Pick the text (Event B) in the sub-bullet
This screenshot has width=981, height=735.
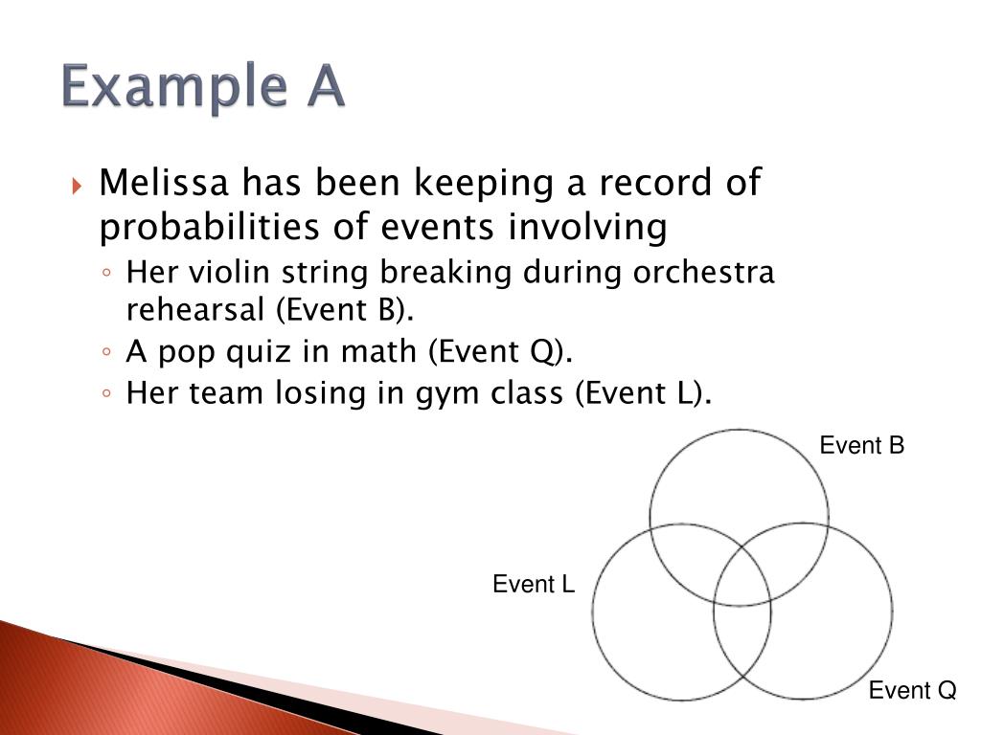click(335, 310)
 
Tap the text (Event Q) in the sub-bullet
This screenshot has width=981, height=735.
click(499, 352)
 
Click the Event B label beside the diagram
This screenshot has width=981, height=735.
click(862, 446)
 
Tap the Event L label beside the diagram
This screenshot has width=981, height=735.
click(534, 585)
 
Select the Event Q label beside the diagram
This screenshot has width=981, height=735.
click(912, 691)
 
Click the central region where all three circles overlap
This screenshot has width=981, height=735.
click(741, 579)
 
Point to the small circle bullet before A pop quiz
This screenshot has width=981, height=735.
click(109, 353)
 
